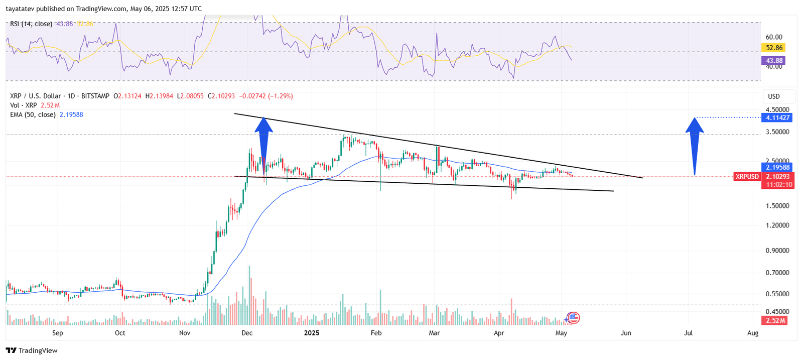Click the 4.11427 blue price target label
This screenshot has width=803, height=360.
click(x=777, y=117)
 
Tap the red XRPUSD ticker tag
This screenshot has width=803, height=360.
click(x=747, y=177)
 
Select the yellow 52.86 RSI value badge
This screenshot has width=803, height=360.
click(x=774, y=48)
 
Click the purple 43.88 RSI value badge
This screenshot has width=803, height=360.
click(x=774, y=61)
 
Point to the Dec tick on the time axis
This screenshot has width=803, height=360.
click(x=247, y=333)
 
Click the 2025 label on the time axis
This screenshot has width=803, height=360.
click(x=312, y=333)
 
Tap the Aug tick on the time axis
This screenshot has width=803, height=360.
click(x=752, y=333)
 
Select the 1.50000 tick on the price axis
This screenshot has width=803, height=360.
click(x=777, y=206)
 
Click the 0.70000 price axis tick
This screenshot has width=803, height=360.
click(x=777, y=273)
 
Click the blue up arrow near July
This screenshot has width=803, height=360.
click(x=695, y=146)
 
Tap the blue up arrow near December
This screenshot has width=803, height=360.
click(x=263, y=146)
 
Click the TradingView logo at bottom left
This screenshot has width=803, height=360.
click(x=32, y=350)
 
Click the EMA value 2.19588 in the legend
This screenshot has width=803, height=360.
click(x=71, y=115)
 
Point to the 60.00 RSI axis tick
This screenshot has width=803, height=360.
click(x=774, y=37)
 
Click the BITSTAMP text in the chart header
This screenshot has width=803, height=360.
click(x=95, y=96)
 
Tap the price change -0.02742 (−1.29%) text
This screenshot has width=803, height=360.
click(x=266, y=96)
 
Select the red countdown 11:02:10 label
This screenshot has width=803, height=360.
click(x=777, y=185)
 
